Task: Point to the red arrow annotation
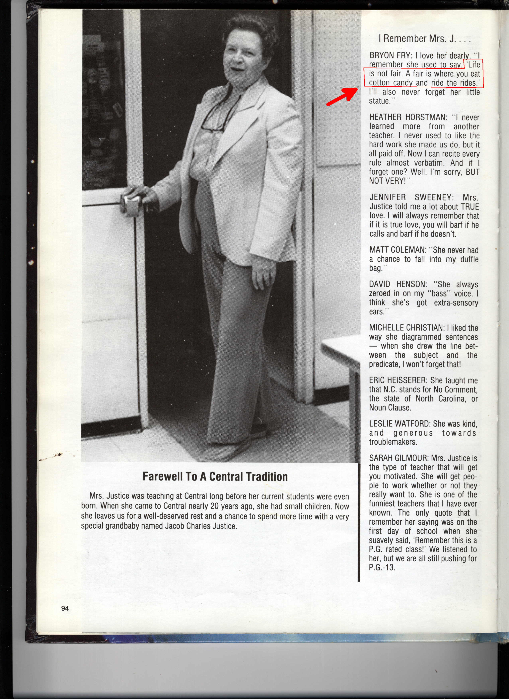(x=342, y=97)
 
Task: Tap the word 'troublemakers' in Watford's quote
(x=393, y=442)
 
